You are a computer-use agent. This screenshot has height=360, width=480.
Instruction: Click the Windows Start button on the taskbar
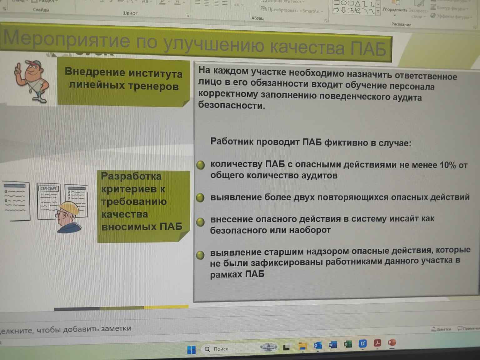click(x=191, y=350)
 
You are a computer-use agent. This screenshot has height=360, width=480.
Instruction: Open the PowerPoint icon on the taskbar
click(x=392, y=343)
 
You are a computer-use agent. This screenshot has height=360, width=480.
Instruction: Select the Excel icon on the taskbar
click(x=347, y=344)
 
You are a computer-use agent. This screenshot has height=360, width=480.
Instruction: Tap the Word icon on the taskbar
click(x=333, y=345)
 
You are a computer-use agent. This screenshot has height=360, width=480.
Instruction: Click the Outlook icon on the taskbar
click(x=317, y=345)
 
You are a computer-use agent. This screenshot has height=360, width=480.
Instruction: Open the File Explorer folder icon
click(x=302, y=346)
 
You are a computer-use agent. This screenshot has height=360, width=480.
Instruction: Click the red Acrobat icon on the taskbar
click(x=377, y=343)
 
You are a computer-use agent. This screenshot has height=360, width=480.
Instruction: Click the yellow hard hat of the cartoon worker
click(x=70, y=207)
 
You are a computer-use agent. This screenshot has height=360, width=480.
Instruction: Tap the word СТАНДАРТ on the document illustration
click(x=48, y=188)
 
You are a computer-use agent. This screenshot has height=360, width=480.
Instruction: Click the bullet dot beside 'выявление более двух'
click(x=200, y=197)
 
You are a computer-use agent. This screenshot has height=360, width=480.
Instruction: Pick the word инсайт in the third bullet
click(x=404, y=219)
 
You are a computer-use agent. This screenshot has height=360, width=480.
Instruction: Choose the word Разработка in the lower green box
click(x=131, y=176)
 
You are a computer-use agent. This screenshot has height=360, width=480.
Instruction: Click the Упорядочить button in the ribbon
click(x=395, y=10)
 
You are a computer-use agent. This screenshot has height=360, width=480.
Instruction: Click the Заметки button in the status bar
click(x=441, y=329)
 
